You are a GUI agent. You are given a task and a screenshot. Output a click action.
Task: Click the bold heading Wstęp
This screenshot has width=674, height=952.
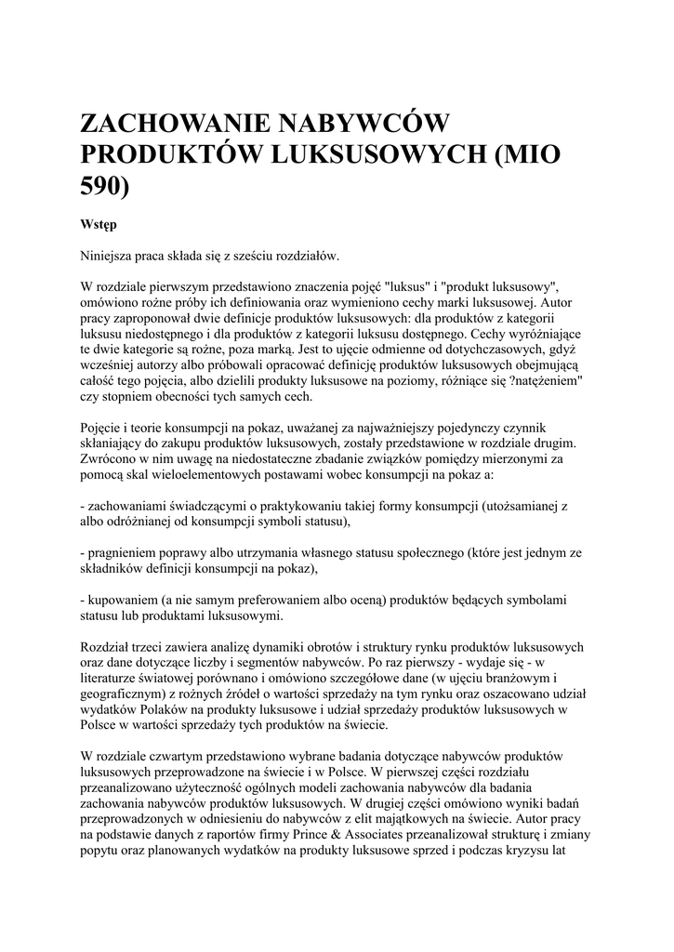click(x=98, y=225)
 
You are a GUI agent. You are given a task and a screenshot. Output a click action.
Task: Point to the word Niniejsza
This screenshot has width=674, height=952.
click(x=110, y=254)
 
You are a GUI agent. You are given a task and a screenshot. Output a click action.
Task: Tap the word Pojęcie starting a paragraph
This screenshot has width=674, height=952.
click(x=104, y=427)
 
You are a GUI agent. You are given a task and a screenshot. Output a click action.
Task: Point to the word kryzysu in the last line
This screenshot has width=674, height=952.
click(x=530, y=853)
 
